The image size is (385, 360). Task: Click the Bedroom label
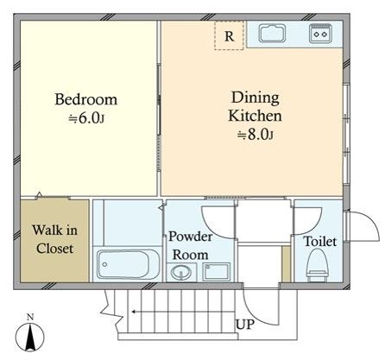pyautogui.click(x=86, y=99)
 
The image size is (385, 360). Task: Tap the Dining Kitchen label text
pyautogui.click(x=256, y=107)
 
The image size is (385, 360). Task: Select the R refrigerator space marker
pyautogui.click(x=229, y=35)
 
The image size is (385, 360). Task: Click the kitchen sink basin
pyautogui.click(x=272, y=34)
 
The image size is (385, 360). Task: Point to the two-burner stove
pyautogui.click(x=320, y=34)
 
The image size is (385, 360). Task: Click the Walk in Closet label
pyautogui.click(x=54, y=239)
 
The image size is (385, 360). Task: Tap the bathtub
pyautogui.click(x=128, y=264)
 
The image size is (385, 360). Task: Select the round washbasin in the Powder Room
pyautogui.click(x=180, y=272)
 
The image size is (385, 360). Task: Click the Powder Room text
pyautogui.click(x=191, y=245)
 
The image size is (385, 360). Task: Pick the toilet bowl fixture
pyautogui.click(x=317, y=265)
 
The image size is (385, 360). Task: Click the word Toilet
pyautogui.click(x=320, y=242)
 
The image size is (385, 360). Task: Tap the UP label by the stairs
pyautogui.click(x=245, y=325)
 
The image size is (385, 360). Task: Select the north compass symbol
pyautogui.click(x=30, y=336)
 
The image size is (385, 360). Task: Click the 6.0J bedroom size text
pyautogui.click(x=86, y=118)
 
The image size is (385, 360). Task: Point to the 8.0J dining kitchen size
pyautogui.click(x=256, y=134)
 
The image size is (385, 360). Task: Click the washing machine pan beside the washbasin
pyautogui.click(x=217, y=272)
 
